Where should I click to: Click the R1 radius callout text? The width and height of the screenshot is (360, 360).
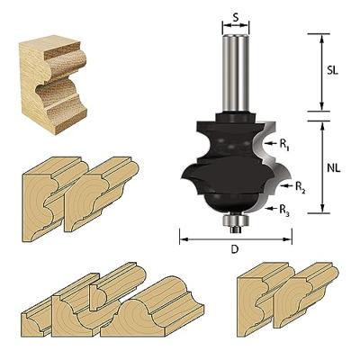coord(284,142)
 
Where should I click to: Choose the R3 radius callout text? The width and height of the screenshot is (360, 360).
coord(284,212)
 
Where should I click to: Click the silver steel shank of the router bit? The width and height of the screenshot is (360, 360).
coord(236,76)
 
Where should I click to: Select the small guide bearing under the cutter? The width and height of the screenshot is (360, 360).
coord(235,218)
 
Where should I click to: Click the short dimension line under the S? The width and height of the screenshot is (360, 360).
coord(236,26)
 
